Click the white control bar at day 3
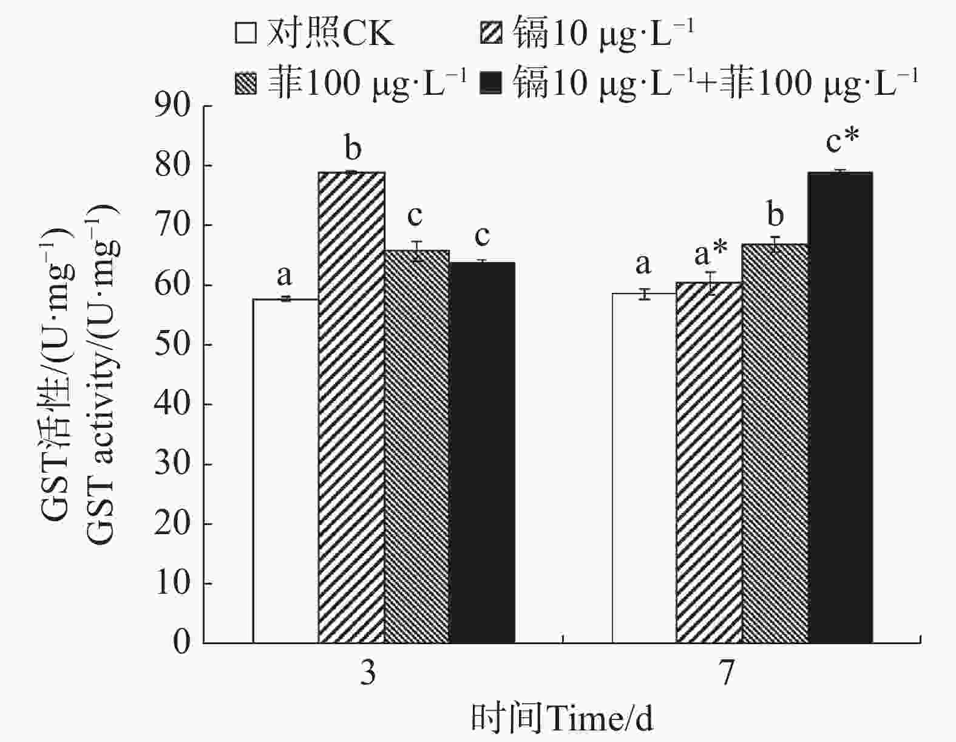click(285, 471)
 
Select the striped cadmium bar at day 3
click(351, 407)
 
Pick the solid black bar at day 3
click(482, 453)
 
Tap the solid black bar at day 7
click(841, 407)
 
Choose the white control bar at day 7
click(644, 468)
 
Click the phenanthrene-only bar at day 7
click(775, 444)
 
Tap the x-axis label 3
click(368, 673)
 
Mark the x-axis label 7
click(727, 673)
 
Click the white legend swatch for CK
click(245, 33)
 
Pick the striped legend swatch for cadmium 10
click(490, 33)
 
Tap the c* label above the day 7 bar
click(842, 141)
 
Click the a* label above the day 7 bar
click(711, 254)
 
